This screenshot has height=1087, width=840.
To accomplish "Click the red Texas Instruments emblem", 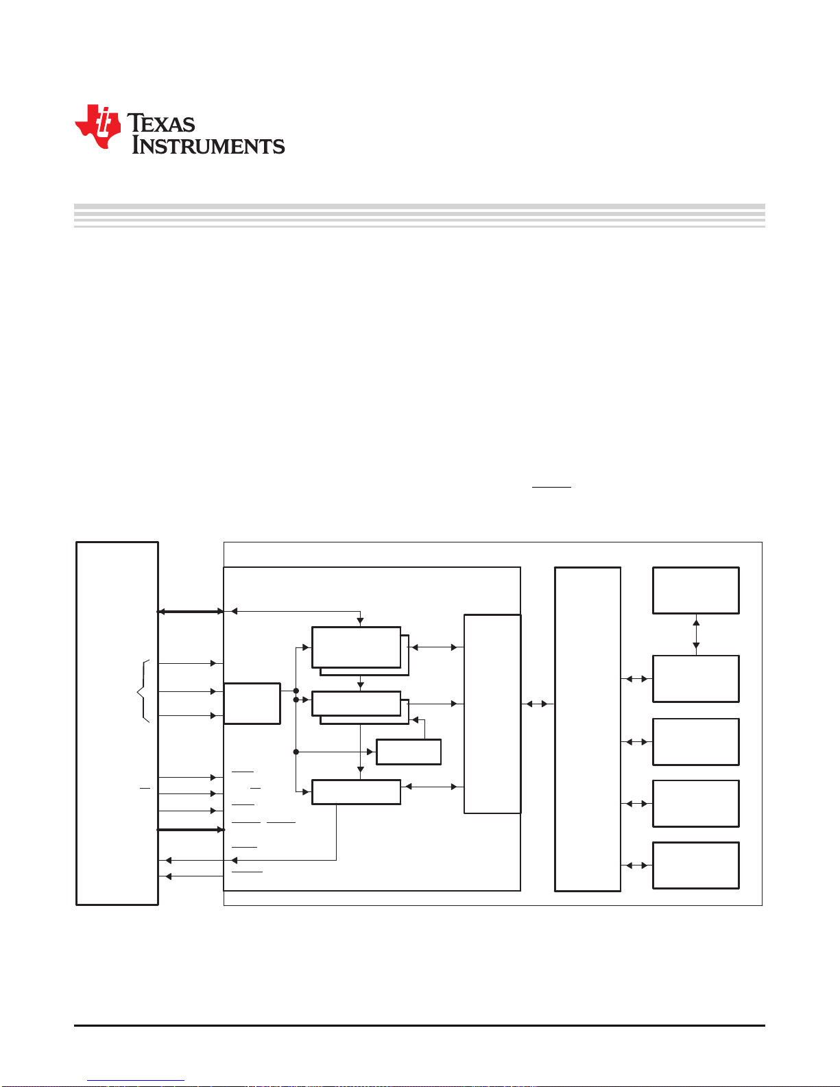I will pos(98,126).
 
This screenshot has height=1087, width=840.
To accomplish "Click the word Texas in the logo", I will pos(162,123).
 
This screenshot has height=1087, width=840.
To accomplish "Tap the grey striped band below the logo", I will pos(419,215).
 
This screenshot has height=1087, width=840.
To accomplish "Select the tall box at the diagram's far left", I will pos(117,723).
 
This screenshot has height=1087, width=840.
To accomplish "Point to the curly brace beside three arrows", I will pos(143,691).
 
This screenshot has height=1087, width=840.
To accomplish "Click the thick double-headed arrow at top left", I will pos(191,611).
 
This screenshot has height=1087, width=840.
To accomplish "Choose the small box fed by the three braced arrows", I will pos(252,703).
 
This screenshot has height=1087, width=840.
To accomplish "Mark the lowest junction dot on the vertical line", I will pos(296,752).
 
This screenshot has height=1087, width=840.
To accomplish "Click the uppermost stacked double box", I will pos(357,647).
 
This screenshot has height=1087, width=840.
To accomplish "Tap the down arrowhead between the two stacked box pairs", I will pos(360,684).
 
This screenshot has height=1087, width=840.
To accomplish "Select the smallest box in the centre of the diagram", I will pos(409,752).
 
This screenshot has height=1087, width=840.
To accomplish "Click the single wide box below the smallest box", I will pos(356,791).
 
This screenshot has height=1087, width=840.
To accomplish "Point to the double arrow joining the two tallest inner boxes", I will pos(537,704).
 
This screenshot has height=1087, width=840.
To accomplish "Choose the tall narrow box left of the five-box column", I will pos(588,729).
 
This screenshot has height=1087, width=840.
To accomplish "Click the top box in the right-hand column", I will pos(695,590).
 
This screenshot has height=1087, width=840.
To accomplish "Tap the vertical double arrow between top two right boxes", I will pos(696,634).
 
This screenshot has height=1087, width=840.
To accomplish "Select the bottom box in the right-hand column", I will pos(695,865).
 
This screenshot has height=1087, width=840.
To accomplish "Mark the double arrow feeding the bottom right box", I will pos(636,865).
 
